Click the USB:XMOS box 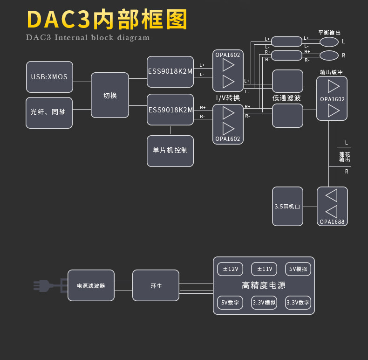point(49,77)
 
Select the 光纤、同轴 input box point(49,112)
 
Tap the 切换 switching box point(110,95)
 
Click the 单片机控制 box point(170,151)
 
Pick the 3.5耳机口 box point(287,206)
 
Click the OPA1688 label point(332,222)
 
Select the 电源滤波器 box point(91,285)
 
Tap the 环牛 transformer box point(156,285)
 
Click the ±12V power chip point(231,269)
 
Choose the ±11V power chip point(264,269)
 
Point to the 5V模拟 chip point(298,269)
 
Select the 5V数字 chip point(231,303)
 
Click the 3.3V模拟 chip point(264,303)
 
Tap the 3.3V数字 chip point(298,303)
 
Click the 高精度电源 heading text point(264,285)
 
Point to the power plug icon point(47,285)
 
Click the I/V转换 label point(228,98)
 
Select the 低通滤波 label point(287,98)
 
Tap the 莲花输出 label point(345,157)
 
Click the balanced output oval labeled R point(329,55)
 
